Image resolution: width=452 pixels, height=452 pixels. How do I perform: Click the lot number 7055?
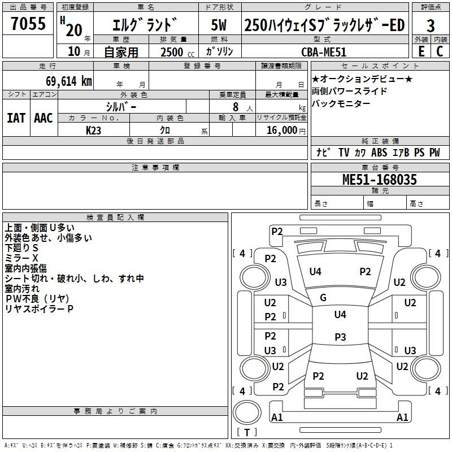(x=28, y=23)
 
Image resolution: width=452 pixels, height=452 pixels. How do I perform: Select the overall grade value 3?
(x=431, y=25)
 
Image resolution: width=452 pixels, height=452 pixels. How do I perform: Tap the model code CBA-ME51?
(x=323, y=52)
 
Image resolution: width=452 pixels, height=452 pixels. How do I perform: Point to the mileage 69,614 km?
(x=69, y=81)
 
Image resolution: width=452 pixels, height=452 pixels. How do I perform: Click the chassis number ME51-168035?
(x=380, y=179)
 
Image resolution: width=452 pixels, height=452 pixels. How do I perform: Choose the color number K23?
(x=93, y=131)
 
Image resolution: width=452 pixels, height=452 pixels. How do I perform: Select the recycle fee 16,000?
(x=281, y=131)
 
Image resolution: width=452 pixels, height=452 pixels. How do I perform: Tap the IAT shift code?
(x=16, y=118)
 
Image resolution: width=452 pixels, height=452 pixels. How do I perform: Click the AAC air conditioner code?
(x=44, y=118)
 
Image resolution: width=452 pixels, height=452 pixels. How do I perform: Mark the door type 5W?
(x=219, y=25)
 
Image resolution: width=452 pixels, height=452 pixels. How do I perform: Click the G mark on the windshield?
(x=323, y=298)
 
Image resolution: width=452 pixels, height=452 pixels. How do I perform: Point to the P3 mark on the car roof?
(x=340, y=337)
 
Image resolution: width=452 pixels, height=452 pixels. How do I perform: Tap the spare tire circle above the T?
(x=247, y=412)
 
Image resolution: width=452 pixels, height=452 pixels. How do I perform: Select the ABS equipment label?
(x=379, y=152)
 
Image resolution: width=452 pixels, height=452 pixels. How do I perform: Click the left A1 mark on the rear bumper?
(x=277, y=417)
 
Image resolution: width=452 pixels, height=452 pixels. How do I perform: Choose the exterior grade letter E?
(x=421, y=51)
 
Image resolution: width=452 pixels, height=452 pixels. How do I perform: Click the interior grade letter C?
(x=440, y=51)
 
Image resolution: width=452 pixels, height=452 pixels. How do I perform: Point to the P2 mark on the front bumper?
(x=277, y=232)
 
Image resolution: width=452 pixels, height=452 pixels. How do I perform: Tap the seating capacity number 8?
(x=236, y=107)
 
